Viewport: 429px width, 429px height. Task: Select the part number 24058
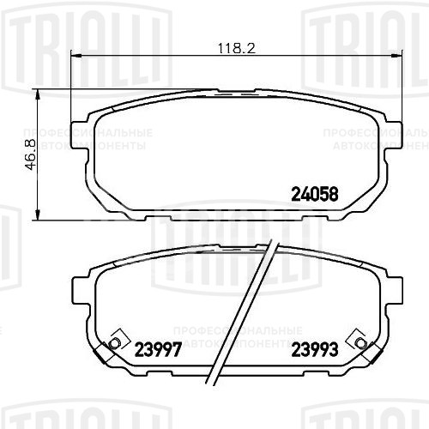coord(317,194)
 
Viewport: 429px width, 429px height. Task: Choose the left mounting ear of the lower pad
coord(83,292)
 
